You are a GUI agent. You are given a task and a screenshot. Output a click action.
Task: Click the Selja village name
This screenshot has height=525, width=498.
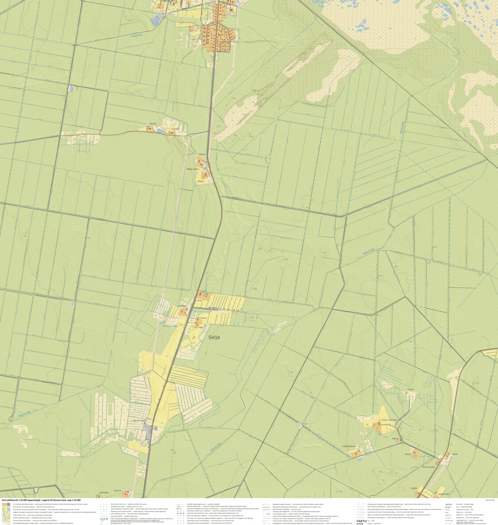pos(214,337)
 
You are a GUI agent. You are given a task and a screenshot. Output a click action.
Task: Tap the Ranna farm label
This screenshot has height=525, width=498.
pos(153,124)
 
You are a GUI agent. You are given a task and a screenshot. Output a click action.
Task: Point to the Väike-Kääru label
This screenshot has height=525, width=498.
pos(192,169)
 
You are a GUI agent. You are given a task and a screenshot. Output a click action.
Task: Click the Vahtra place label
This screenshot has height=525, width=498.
pos(202,154)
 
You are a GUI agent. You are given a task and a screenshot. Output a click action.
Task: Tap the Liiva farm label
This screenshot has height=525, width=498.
pos(199,300)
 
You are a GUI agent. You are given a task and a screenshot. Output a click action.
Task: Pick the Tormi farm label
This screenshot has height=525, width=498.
pos(204,318)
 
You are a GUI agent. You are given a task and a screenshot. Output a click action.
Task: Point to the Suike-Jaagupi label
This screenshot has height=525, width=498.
pos(388,419)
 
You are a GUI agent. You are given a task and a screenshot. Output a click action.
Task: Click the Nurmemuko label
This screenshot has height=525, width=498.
pos(428,466)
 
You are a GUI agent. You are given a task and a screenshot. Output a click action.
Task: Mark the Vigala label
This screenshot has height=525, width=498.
pos(414,488)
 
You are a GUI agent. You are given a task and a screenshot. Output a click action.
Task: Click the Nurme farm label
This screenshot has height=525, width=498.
pos(118,490)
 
